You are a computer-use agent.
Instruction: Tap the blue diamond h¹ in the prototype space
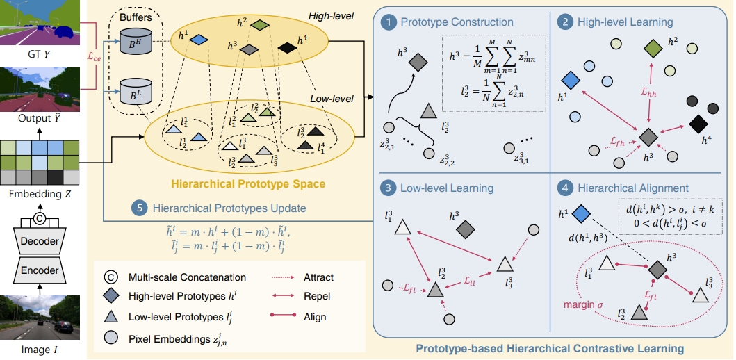coord(198,40)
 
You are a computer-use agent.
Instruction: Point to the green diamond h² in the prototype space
coord(259,25)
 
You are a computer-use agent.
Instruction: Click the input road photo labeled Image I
coord(44,319)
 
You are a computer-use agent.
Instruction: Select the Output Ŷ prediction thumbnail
coord(44,89)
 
